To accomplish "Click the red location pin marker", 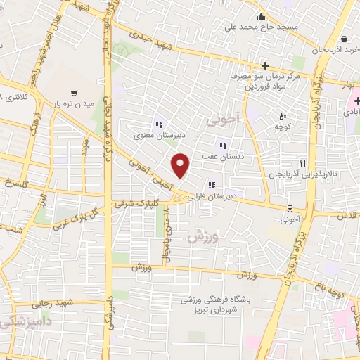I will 181,165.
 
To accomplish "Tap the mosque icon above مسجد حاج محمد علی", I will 261,17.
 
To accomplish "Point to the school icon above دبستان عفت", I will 223,146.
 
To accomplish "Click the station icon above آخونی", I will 290,207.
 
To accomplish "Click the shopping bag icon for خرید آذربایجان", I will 344,39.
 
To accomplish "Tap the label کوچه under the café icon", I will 282,129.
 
